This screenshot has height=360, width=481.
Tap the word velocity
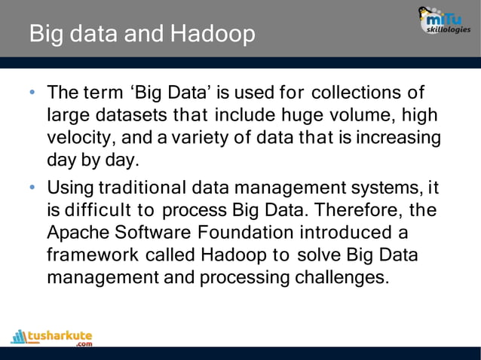click(77, 139)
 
